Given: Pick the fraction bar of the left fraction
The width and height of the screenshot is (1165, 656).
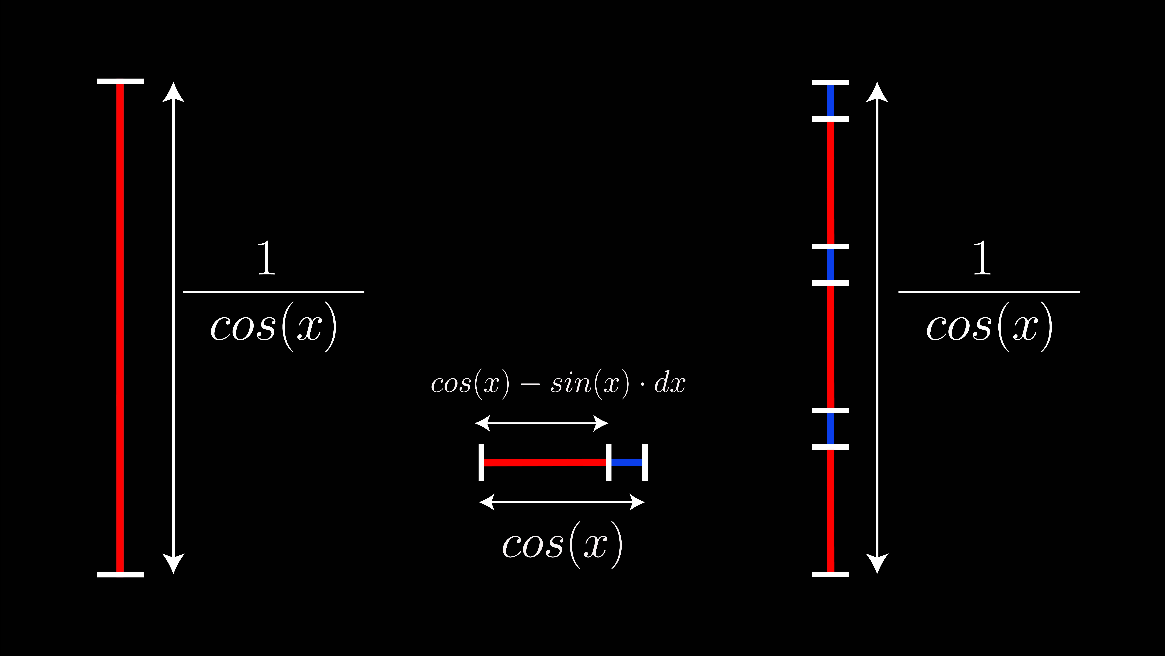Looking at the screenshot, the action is tap(273, 292).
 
